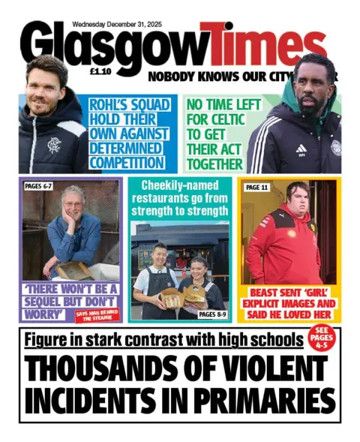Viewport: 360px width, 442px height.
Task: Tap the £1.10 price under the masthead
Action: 100,74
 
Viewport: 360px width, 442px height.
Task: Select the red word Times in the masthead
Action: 264,45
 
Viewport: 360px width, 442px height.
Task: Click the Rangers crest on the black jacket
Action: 53,144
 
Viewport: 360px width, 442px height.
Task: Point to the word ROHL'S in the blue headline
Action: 111,106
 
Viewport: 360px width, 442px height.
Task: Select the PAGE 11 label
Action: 257,187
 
